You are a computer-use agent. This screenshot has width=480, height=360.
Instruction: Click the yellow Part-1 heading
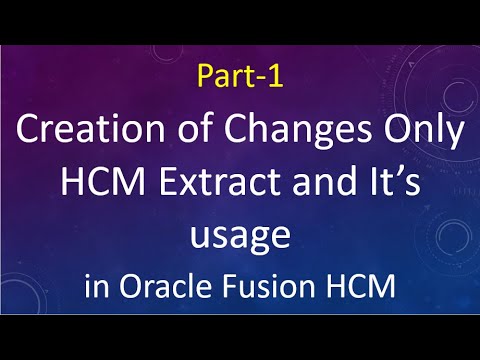pos(240,77)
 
